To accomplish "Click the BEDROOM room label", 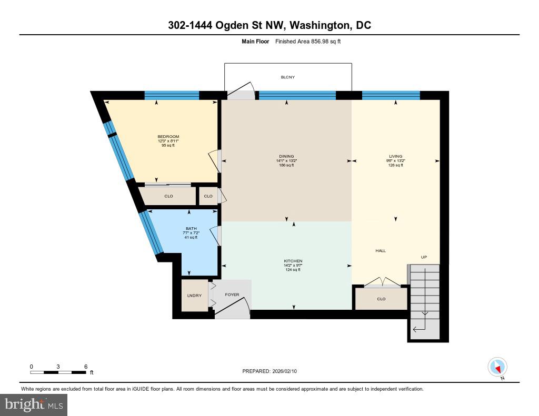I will click(x=168, y=137).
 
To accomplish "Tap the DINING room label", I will click(x=286, y=156).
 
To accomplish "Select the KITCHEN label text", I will click(x=293, y=261).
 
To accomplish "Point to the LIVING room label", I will click(x=395, y=156).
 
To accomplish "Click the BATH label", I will click(x=191, y=228).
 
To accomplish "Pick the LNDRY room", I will click(x=194, y=296).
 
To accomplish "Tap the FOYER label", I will click(x=232, y=295).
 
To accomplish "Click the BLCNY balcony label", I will click(x=287, y=77).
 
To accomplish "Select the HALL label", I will click(x=381, y=251).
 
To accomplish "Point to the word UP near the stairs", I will click(x=424, y=257).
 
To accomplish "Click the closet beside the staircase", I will click(x=381, y=299).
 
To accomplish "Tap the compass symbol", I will click(x=497, y=367).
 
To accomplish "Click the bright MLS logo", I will click(x=34, y=404).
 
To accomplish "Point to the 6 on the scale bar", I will click(x=85, y=367).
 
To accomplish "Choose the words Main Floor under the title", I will click(x=255, y=41).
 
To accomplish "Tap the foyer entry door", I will click(x=232, y=307).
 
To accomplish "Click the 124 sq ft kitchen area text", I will click(x=293, y=270).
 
